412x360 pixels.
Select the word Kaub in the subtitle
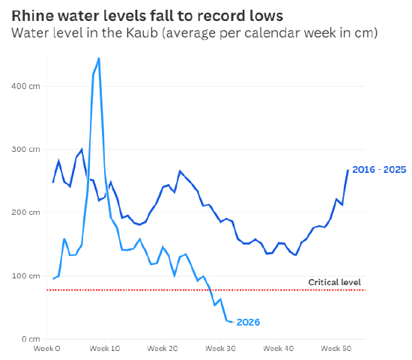[142, 33]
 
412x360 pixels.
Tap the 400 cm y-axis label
[25, 86]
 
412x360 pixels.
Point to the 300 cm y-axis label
[25, 149]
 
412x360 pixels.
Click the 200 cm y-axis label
[25, 212]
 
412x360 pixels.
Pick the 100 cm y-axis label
[25, 276]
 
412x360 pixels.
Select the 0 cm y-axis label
[31, 339]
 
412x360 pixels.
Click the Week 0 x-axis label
[47, 349]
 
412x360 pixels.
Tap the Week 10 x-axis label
[105, 349]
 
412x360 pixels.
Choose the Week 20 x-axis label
[163, 349]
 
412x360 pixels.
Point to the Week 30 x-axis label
[220, 349]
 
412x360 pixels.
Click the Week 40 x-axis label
[279, 349]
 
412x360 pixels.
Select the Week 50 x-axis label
[336, 349]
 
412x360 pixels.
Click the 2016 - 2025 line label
[379, 170]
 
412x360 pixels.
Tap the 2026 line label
[248, 322]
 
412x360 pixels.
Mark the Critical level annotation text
[335, 282]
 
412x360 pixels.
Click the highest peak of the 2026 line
[99, 58]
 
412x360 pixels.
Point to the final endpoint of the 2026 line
[232, 322]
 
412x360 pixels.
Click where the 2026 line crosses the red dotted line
[210, 290]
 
